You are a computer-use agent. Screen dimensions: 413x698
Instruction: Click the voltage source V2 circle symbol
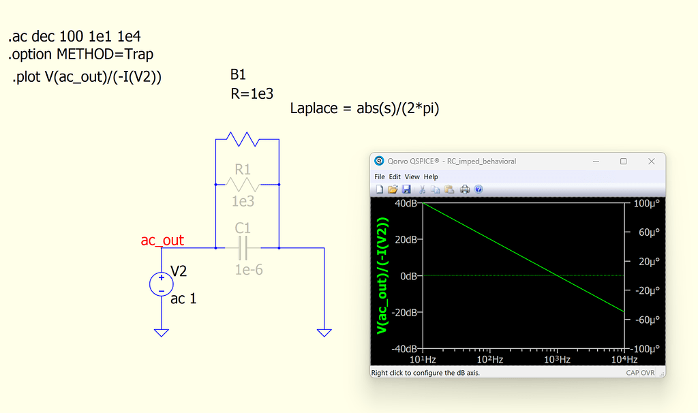(x=161, y=283)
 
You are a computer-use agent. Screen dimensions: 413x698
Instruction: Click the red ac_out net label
(x=162, y=240)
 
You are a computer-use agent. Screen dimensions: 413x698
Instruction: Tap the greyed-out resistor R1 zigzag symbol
(x=243, y=184)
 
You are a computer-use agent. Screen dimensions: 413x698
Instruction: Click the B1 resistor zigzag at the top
(x=243, y=139)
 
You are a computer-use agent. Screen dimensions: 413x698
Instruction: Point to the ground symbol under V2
(x=161, y=333)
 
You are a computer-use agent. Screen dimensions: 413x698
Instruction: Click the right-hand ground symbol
(x=324, y=333)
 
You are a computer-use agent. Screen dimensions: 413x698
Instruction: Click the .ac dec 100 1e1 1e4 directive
(x=75, y=36)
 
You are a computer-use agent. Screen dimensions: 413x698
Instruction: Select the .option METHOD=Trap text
(x=81, y=54)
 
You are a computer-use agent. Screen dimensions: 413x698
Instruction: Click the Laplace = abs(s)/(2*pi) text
(x=365, y=108)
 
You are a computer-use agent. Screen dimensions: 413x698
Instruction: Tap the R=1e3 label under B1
(x=252, y=94)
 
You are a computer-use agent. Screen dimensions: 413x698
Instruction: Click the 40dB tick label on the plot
(x=405, y=203)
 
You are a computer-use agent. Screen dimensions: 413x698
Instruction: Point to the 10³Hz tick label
(x=557, y=359)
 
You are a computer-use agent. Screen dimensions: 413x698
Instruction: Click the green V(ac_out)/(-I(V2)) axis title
(x=382, y=275)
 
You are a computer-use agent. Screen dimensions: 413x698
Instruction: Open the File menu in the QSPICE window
(x=380, y=177)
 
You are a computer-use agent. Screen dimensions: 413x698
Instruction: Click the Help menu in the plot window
(x=431, y=177)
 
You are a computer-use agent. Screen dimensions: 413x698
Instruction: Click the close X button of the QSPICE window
(x=651, y=162)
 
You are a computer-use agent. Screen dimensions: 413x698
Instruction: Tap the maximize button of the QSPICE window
(x=623, y=162)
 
